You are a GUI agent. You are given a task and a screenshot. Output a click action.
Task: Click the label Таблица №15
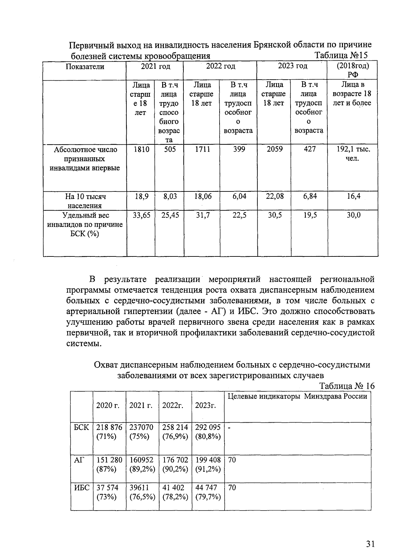341,55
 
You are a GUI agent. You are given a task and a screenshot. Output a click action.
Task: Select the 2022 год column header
221,66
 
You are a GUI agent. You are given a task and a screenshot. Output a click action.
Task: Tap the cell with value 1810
141,150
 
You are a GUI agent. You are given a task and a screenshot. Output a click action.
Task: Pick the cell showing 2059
275,149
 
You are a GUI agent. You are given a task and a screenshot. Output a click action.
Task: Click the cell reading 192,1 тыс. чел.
353,154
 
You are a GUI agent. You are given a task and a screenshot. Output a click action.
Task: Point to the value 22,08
275,196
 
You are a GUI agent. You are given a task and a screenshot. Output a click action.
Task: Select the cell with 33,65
141,216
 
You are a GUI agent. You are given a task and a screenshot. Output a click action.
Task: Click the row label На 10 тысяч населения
85,201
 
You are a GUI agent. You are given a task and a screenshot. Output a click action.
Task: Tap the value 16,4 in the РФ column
354,196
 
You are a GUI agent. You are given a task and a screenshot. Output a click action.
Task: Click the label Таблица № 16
347,386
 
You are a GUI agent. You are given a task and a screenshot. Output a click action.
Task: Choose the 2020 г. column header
108,405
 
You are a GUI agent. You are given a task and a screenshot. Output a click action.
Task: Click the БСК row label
81,428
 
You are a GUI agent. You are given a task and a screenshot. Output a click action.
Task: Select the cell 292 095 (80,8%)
208,432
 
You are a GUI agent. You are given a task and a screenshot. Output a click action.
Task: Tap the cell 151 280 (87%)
109,464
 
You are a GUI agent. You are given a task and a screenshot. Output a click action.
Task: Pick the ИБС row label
81,488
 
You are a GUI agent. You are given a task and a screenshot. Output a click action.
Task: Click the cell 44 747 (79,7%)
208,492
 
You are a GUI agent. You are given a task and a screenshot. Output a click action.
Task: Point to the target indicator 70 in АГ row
232,460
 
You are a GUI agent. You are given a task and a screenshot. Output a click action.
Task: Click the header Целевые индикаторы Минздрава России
298,396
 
